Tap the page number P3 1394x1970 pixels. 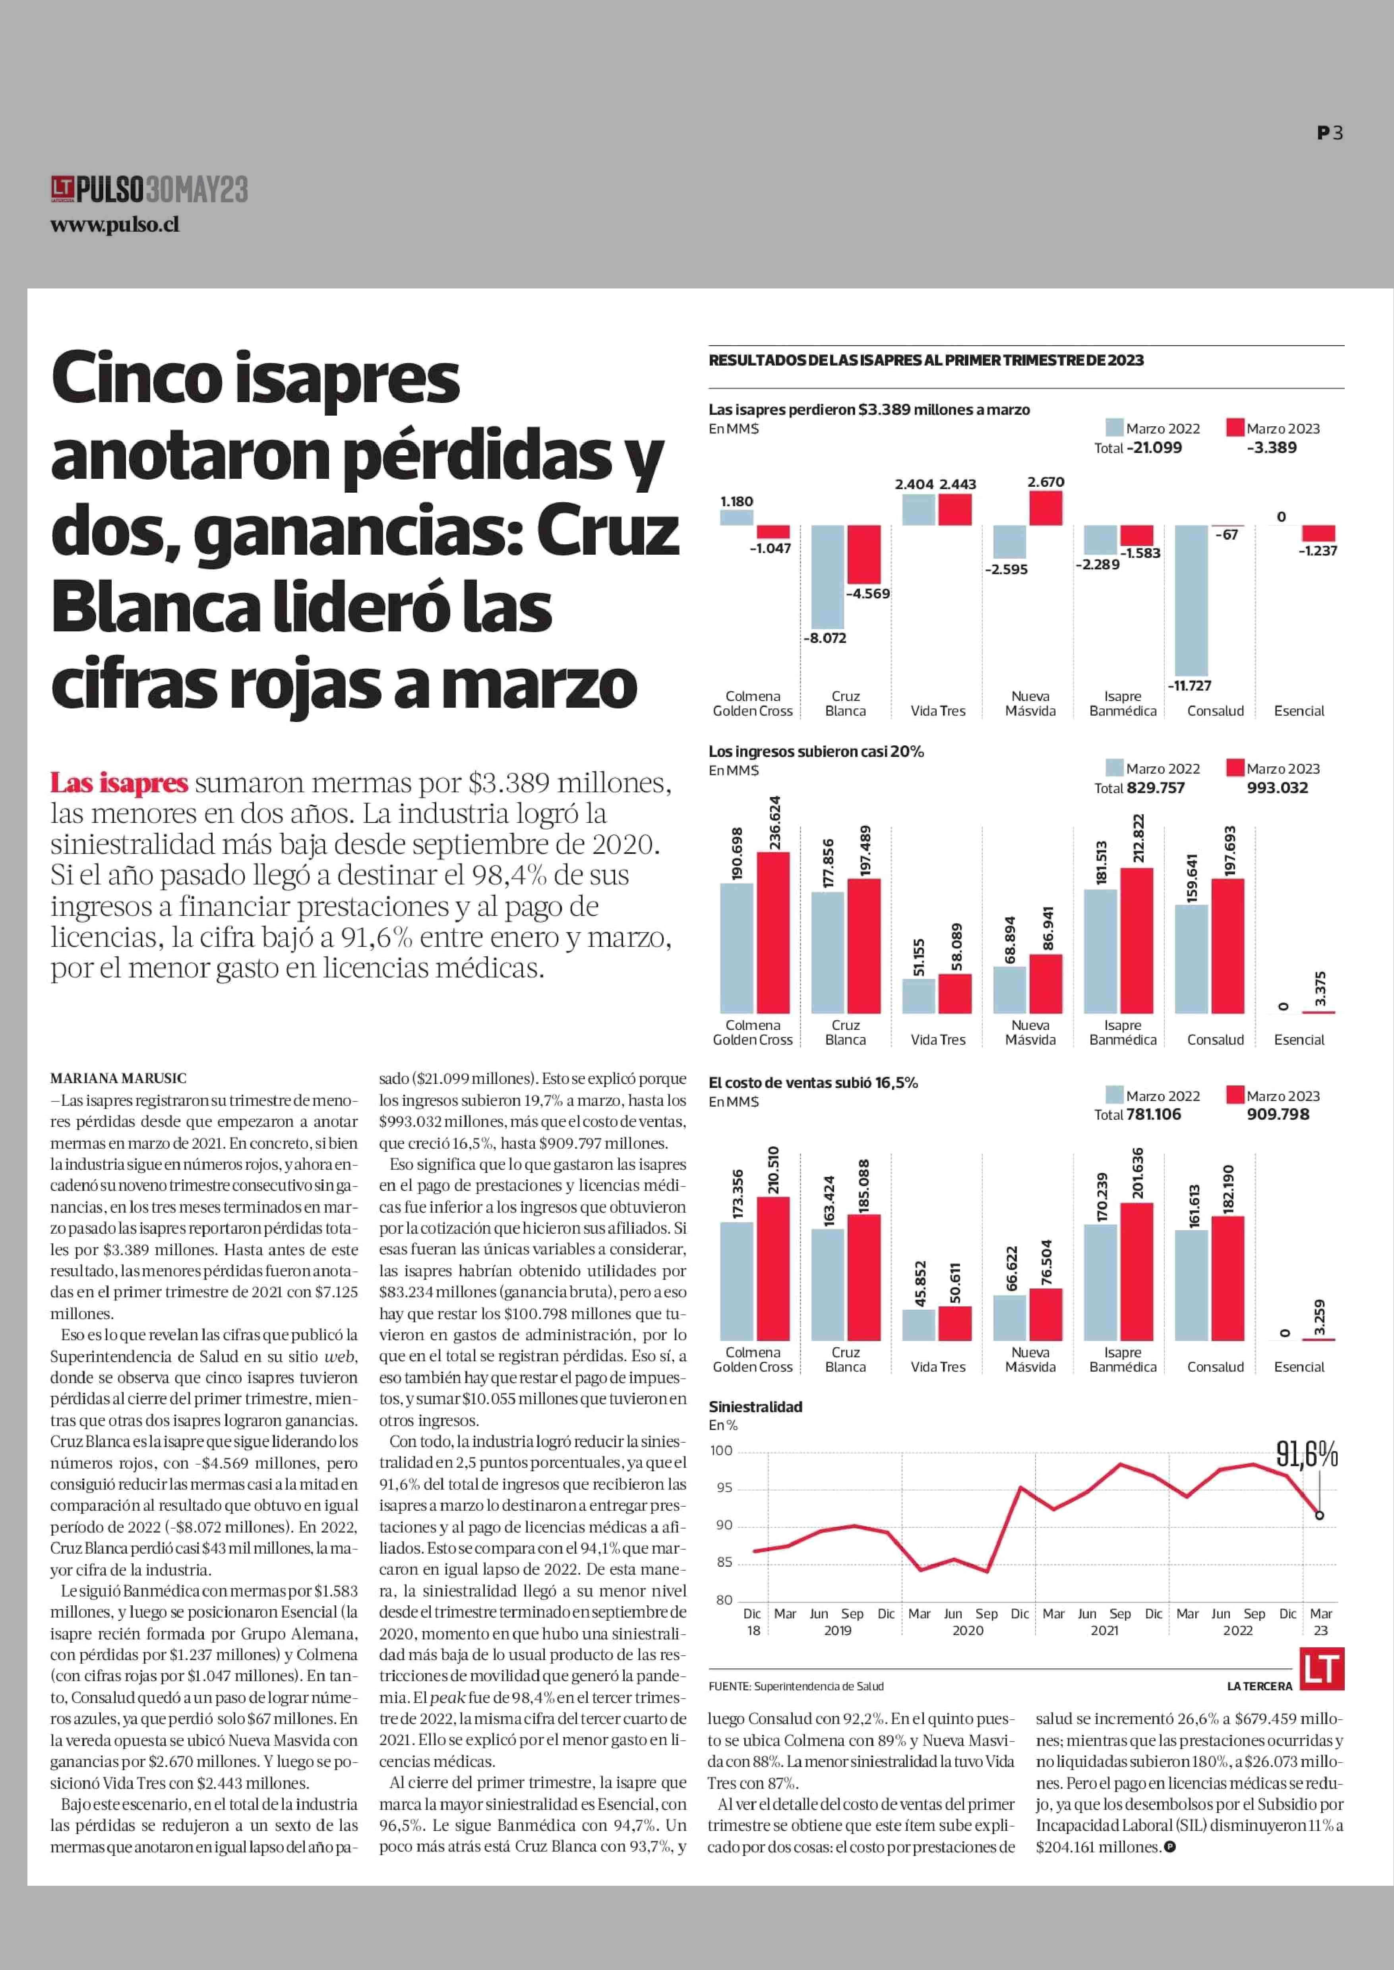pyautogui.click(x=1330, y=133)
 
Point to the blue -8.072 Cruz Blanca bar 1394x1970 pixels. pyautogui.click(x=827, y=577)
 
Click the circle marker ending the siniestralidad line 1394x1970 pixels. pyautogui.click(x=1319, y=1515)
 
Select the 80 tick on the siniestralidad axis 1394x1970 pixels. pyautogui.click(x=724, y=1600)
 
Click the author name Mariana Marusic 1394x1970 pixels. pyautogui.click(x=118, y=1078)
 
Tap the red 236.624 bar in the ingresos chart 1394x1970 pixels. pyautogui.click(x=773, y=932)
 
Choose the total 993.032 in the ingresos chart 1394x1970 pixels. pyautogui.click(x=1277, y=788)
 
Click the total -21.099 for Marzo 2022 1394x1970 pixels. pyautogui.click(x=1154, y=447)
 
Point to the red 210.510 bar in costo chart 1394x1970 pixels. pyautogui.click(x=773, y=1268)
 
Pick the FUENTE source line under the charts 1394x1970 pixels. pyautogui.click(x=796, y=1686)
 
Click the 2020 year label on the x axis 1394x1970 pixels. pyautogui.click(x=967, y=1630)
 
